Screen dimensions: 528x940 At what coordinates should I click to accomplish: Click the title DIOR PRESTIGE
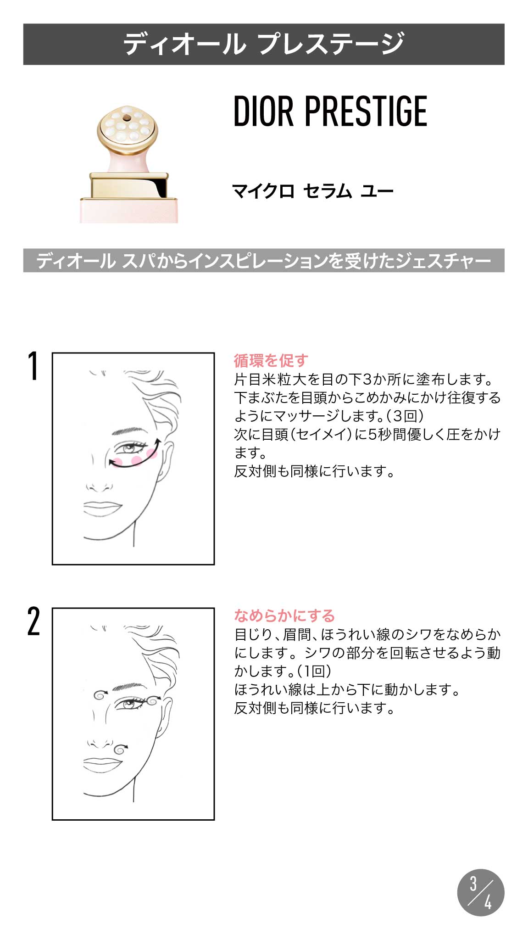coord(330,112)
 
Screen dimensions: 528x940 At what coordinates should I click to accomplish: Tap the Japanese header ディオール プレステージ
coord(264,44)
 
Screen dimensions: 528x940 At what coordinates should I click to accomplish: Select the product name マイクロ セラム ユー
coord(313,191)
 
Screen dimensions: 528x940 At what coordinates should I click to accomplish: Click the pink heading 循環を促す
coord(271,361)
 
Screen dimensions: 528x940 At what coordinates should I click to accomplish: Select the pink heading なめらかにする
coord(284,615)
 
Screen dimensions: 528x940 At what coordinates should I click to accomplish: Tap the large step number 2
coord(33,621)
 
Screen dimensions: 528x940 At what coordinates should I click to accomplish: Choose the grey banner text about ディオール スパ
coord(264,261)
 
